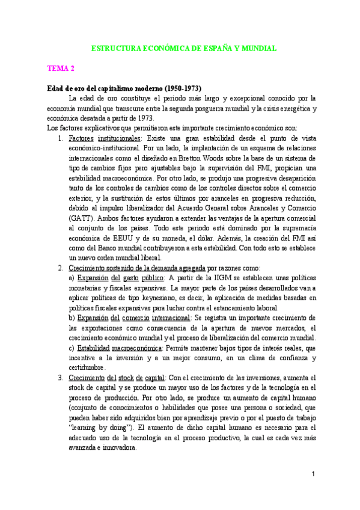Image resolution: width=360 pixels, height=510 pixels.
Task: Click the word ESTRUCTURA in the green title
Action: (x=116, y=48)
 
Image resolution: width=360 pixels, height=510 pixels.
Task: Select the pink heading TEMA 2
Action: (x=61, y=69)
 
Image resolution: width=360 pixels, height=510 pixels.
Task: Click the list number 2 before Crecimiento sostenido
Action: (x=61, y=268)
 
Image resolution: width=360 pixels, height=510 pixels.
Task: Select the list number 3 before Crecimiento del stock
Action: (x=61, y=377)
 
